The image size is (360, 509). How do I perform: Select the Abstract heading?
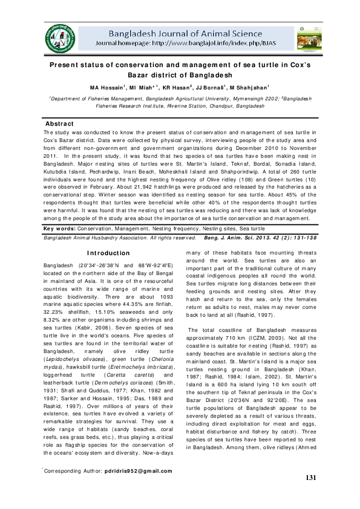[60, 123]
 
